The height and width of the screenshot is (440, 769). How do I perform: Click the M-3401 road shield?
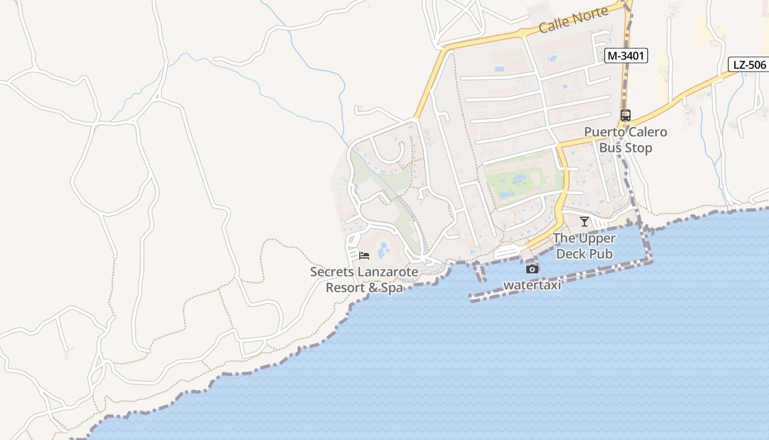coord(626,56)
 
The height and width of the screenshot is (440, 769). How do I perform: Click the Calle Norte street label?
coord(573,20)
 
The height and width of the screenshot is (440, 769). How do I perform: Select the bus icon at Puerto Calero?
coord(626,116)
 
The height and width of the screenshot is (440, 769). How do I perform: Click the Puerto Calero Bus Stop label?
coord(626,140)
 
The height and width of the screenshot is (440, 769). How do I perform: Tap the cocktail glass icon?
coord(584,222)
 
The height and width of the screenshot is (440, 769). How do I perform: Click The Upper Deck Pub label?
coord(584,246)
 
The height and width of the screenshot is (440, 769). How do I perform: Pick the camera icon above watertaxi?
coord(532,269)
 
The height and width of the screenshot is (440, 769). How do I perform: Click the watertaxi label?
coord(532,285)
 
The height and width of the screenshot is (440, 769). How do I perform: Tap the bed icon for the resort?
coord(364,256)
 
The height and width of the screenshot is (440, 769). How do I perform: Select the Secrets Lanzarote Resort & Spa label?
coord(364,279)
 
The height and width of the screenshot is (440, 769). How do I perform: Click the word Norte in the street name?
coord(590,15)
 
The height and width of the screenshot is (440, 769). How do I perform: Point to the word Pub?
coord(601,254)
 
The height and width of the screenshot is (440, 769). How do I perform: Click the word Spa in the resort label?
coord(391,288)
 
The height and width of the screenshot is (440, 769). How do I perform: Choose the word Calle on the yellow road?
coord(553,25)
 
